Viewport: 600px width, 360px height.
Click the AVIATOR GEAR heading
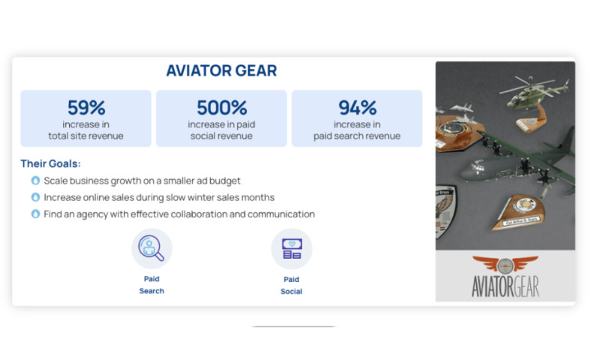click(221, 71)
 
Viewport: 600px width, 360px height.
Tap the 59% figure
click(85, 107)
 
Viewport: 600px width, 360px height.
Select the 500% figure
click(221, 107)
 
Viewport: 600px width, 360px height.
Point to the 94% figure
click(357, 107)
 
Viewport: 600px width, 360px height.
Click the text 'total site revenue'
click(85, 136)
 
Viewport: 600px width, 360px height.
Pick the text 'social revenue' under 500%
click(221, 136)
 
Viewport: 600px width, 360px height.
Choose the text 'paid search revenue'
click(357, 136)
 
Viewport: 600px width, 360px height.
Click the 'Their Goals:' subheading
click(51, 163)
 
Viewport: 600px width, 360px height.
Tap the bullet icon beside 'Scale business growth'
click(35, 181)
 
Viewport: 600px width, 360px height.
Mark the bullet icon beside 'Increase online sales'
click(35, 197)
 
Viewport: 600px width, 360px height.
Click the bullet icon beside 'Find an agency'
click(35, 214)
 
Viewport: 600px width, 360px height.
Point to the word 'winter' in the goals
click(197, 197)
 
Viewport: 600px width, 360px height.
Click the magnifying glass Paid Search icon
click(151, 248)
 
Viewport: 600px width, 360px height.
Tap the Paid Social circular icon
click(291, 248)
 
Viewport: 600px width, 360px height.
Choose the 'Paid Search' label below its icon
click(151, 284)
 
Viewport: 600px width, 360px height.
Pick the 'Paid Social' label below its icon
click(291, 284)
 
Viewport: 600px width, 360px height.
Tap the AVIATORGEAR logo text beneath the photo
click(505, 286)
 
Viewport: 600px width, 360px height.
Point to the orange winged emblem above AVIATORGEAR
click(505, 265)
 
